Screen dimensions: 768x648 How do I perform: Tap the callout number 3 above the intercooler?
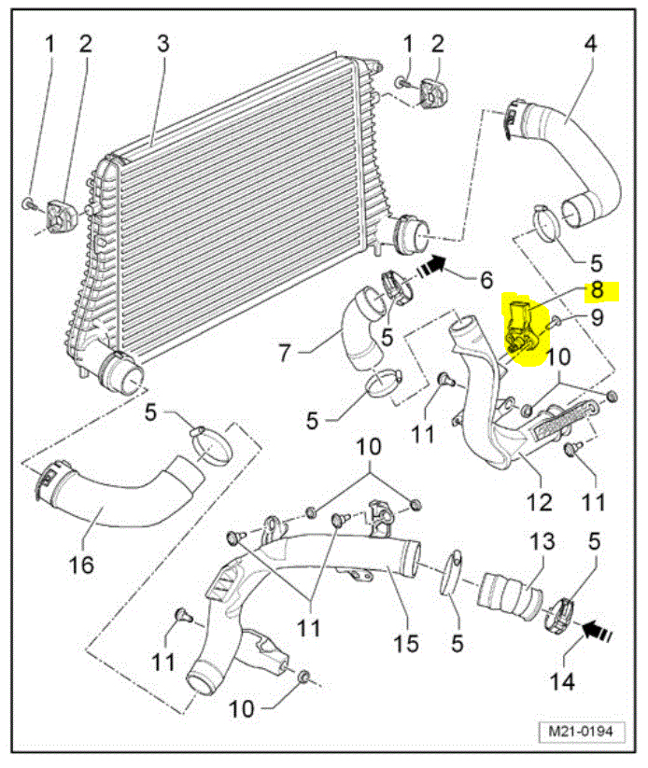pyautogui.click(x=162, y=44)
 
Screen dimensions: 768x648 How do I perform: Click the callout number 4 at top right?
pyautogui.click(x=590, y=44)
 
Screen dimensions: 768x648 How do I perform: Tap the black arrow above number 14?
pyautogui.click(x=595, y=632)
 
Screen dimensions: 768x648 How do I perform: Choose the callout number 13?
pyautogui.click(x=542, y=541)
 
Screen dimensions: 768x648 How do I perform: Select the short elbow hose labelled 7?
pyautogui.click(x=359, y=331)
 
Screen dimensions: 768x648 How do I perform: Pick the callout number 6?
pyautogui.click(x=486, y=279)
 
